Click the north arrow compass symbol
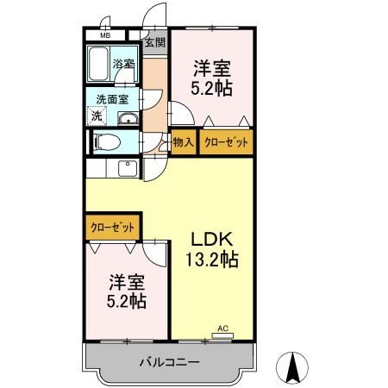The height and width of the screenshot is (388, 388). pos(292,368)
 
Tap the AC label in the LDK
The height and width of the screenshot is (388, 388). pos(222,329)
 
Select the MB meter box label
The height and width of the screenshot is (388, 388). pos(105,36)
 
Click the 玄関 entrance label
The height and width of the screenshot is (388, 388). pos(155,42)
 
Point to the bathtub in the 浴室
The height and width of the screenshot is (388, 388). pos(98,65)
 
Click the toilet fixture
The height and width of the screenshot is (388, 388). pos(107,142)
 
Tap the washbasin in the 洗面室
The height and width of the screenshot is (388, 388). pos(128,118)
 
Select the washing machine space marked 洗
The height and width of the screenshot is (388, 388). pos(97,116)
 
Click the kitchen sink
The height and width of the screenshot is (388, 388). pos(128,168)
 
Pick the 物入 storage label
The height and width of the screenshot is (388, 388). pos(184,142)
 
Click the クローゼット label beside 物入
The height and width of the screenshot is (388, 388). pos(226,142)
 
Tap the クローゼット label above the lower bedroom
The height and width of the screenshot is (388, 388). pos(112,228)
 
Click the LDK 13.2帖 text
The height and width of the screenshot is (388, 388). pos(212,249)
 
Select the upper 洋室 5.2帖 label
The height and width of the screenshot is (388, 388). pos(212,78)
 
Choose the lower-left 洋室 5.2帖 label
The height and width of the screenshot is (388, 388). pos(127,291)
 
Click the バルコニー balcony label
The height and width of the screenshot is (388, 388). pos(170,362)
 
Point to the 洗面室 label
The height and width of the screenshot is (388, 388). pos(112,100)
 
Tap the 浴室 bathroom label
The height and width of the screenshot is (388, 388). pos(123,64)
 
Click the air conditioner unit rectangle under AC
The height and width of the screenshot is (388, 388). pos(222,335)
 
